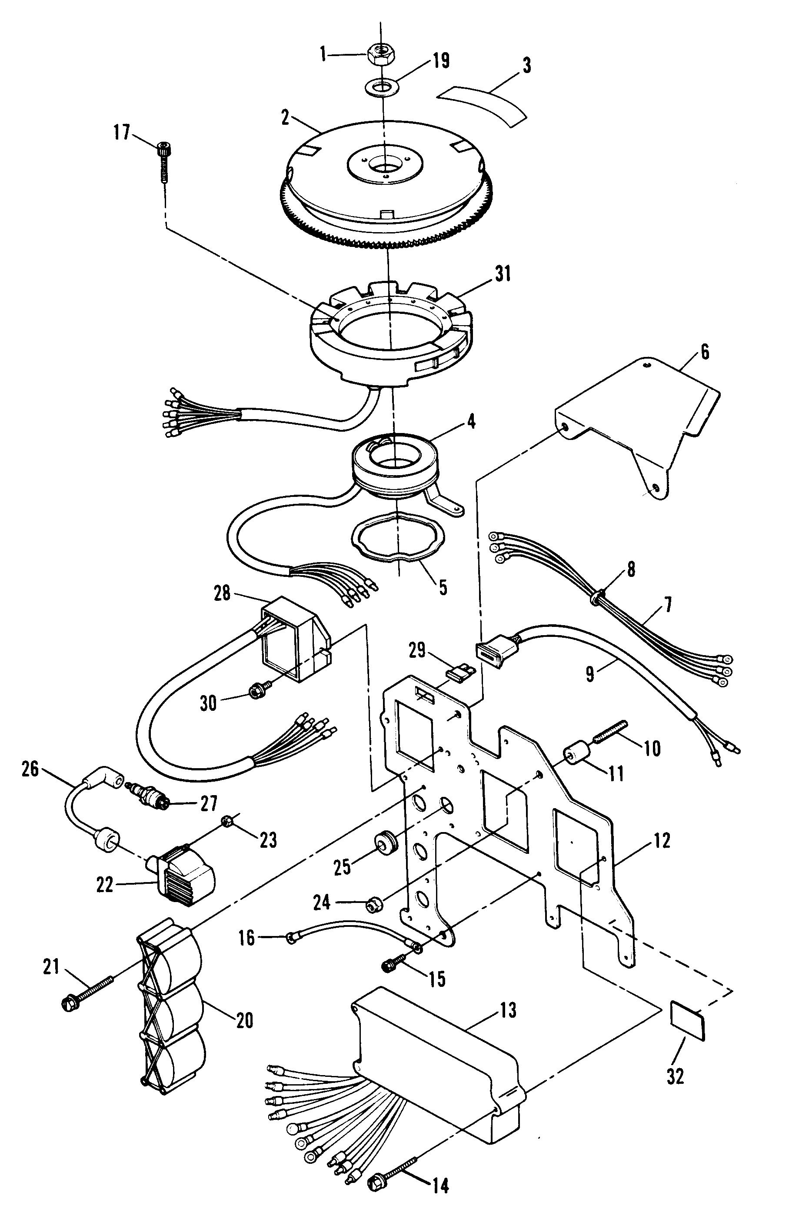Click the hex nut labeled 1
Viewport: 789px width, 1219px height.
point(380,52)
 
